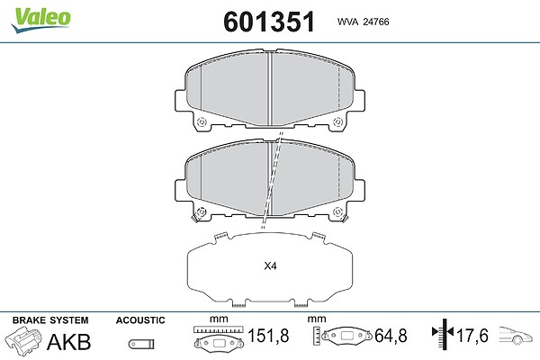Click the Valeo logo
(40, 20)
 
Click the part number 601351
(269, 22)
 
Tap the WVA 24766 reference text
(364, 22)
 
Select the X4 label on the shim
(270, 266)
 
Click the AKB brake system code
(69, 341)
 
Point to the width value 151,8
(268, 336)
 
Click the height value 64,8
(391, 336)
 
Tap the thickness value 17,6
(472, 336)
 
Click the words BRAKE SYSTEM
(50, 320)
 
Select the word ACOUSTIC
(140, 320)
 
